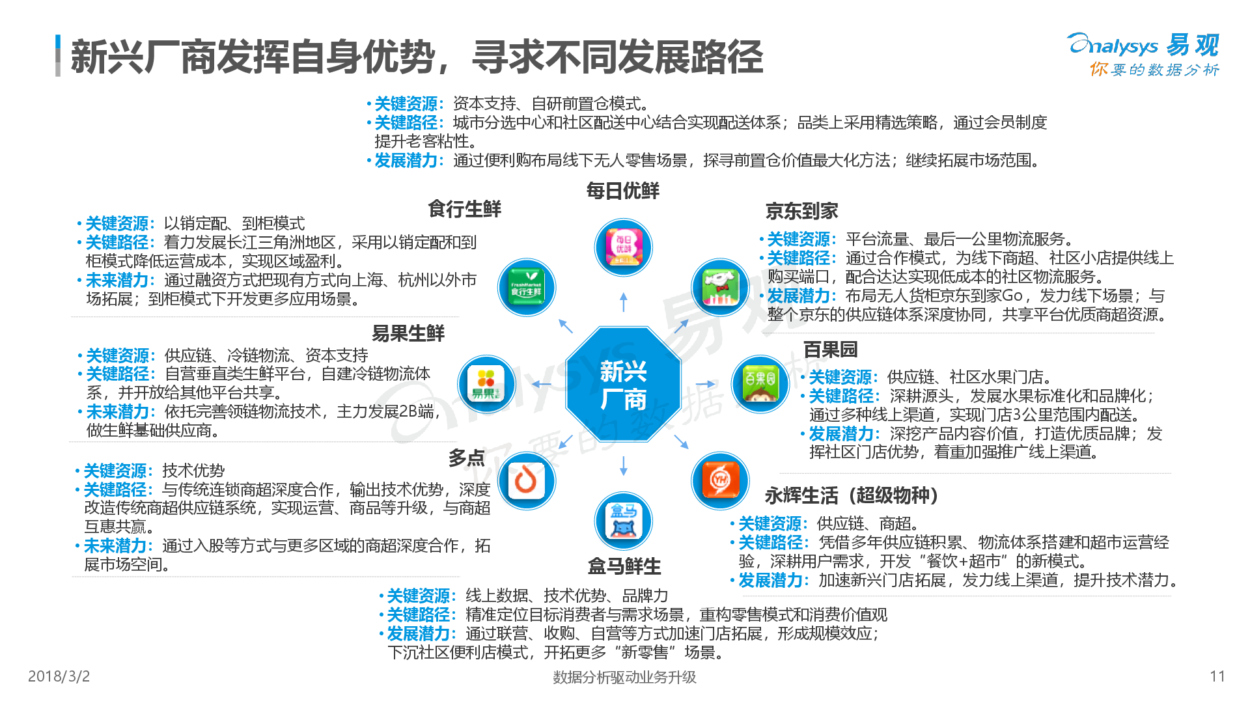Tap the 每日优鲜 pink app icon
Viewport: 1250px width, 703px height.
624,247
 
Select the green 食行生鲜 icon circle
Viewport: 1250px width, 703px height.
527,287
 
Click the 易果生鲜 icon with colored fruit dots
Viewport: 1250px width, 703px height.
487,384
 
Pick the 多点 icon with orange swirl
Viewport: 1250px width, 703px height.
527,481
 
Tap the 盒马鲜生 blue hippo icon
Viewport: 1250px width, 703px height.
624,521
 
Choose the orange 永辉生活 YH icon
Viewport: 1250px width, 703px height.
720,481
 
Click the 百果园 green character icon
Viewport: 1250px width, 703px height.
760,384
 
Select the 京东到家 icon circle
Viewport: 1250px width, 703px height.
720,287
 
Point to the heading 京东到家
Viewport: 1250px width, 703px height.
801,211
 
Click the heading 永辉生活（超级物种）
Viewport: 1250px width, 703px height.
852,495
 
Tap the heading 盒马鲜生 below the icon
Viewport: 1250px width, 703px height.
624,566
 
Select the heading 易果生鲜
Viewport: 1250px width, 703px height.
408,333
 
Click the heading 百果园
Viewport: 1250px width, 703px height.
830,350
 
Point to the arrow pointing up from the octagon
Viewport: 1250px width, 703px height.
624,302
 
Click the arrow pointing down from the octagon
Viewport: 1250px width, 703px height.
624,466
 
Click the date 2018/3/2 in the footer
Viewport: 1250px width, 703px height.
59,676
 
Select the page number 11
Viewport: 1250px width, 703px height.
1217,676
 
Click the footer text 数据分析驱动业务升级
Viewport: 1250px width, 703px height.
624,677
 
